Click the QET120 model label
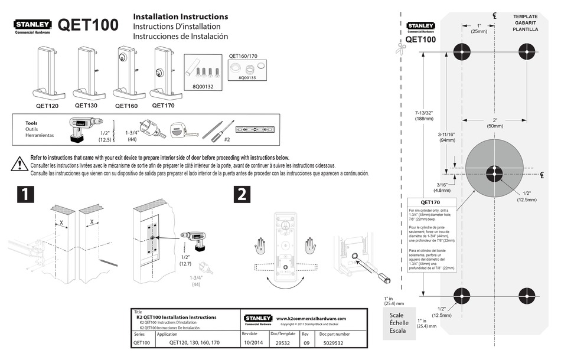(x=47, y=106)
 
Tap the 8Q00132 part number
(x=204, y=86)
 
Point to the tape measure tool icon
(x=180, y=129)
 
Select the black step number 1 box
(x=22, y=195)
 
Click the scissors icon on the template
(x=400, y=49)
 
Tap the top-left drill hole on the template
(x=461, y=50)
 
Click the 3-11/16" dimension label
(x=447, y=138)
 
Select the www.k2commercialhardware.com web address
(x=311, y=319)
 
